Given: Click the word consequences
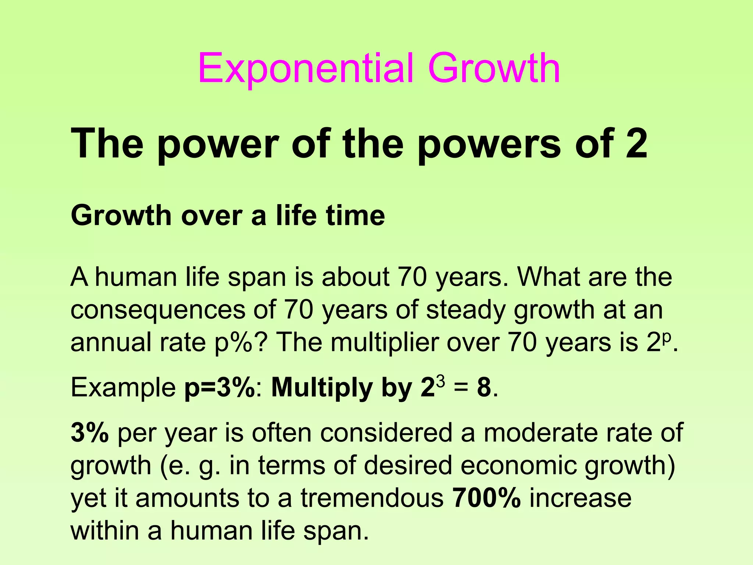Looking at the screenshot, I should tap(158, 310).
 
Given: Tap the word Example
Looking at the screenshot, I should tap(123, 387).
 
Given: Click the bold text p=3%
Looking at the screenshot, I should tap(220, 387).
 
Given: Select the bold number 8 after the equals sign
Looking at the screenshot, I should tap(484, 387).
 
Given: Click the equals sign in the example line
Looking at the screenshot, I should tap(461, 388).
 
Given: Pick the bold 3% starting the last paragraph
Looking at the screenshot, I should tap(89, 433).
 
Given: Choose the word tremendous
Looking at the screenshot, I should tap(372, 498).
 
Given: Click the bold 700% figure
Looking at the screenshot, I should tap(486, 498).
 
